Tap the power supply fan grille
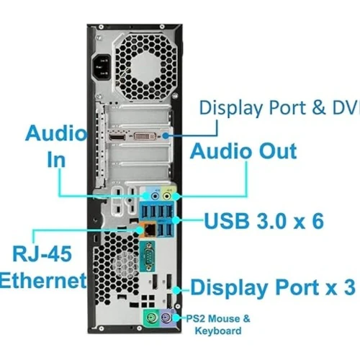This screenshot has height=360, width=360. [x=144, y=67]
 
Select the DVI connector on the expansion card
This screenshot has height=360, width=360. [x=145, y=136]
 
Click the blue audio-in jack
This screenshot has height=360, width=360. [x=156, y=197]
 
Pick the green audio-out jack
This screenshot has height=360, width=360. [x=167, y=197]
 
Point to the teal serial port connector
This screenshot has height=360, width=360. [x=148, y=257]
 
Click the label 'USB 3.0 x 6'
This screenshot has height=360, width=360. [x=264, y=221]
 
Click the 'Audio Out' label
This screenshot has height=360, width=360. [x=243, y=151]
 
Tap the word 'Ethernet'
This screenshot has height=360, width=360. [x=43, y=280]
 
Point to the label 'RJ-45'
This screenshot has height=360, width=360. [x=42, y=253]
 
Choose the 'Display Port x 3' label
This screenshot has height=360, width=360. [x=273, y=287]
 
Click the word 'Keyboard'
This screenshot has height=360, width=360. [x=218, y=330]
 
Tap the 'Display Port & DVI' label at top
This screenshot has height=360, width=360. [x=279, y=107]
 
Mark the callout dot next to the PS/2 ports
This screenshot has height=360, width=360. [x=176, y=318]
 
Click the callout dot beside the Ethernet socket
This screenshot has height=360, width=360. [x=140, y=230]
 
